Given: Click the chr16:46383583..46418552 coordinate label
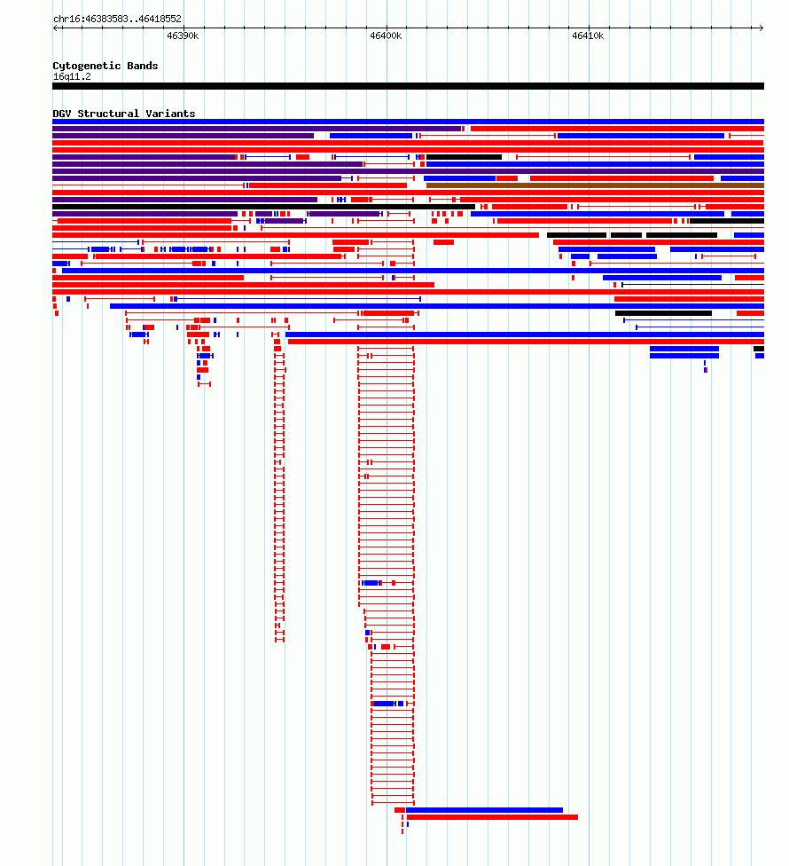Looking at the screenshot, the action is [117, 19].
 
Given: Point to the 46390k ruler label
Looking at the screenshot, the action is [183, 35].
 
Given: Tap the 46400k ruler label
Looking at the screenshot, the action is [386, 35].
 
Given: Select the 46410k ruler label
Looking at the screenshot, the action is [588, 35].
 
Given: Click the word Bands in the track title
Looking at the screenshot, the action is [143, 66].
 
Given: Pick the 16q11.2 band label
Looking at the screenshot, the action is [72, 77].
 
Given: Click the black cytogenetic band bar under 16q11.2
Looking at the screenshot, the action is [409, 86].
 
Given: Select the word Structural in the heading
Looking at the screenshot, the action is [108, 114].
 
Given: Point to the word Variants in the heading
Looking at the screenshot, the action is [170, 114].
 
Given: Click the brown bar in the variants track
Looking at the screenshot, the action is [596, 185].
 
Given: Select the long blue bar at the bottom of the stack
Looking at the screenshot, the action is [484, 810].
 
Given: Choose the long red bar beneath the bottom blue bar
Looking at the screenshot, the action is [492, 817].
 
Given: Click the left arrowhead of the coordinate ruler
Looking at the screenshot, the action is [55, 28].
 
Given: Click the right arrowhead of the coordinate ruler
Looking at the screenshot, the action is [762, 28].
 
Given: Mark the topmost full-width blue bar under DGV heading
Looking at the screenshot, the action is [409, 122].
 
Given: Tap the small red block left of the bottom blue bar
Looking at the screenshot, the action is [400, 810].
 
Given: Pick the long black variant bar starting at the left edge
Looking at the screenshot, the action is [263, 207].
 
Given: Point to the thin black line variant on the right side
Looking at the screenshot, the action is [693, 285].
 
